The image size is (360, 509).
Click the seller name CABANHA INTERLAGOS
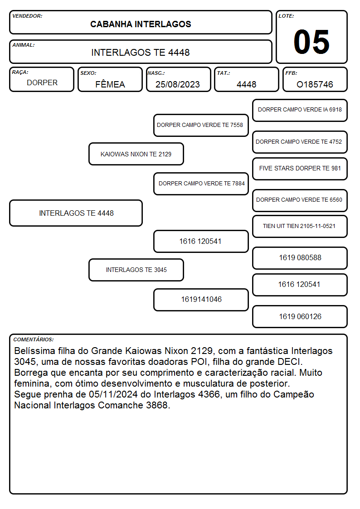[141, 24]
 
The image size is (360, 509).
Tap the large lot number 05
[311, 42]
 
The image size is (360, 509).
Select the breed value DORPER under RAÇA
[42, 83]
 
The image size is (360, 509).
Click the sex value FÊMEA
[110, 84]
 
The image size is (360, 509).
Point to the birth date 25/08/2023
[178, 84]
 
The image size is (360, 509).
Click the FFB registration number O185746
[315, 84]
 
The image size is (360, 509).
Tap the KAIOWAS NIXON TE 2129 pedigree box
[136, 154]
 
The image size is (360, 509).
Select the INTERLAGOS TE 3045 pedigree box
[136, 270]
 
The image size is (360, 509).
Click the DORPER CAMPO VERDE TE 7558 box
[201, 125]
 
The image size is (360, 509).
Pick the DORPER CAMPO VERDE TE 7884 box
[201, 184]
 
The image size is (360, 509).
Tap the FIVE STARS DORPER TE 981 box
[300, 169]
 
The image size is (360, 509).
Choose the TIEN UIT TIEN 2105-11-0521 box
[300, 226]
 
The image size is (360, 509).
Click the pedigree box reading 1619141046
[201, 300]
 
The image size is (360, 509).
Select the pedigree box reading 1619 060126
[300, 316]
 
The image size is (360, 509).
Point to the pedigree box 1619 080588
[300, 258]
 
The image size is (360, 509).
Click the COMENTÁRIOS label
[34, 339]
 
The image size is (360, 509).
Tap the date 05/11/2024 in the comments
[113, 394]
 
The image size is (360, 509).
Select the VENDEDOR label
[27, 16]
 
